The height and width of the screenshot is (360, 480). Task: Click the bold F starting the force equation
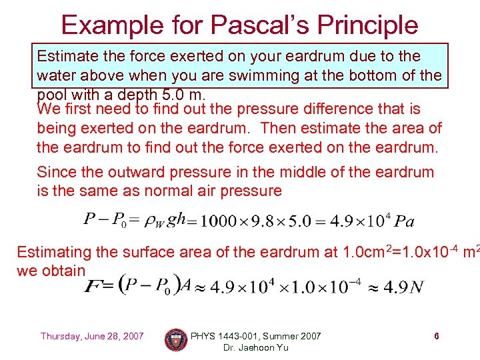[90, 287]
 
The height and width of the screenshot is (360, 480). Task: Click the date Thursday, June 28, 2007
[92, 336]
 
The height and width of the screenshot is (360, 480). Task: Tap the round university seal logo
[176, 340]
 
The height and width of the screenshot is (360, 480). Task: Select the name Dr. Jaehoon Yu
[255, 348]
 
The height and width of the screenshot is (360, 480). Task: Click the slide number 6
[436, 336]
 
